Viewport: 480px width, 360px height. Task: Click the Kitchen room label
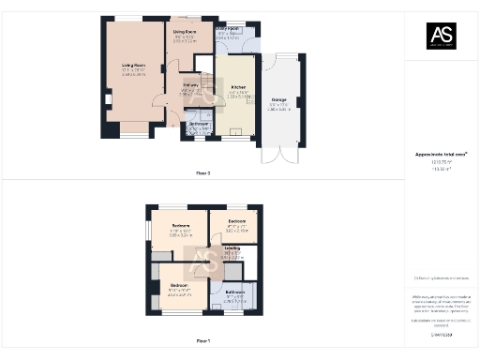(238, 87)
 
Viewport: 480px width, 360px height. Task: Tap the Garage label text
(278, 101)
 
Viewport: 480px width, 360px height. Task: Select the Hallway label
(189, 86)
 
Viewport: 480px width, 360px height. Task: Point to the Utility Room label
(228, 30)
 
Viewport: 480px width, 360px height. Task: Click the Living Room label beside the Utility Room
(184, 32)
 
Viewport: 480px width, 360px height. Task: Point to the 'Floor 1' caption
(202, 340)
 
